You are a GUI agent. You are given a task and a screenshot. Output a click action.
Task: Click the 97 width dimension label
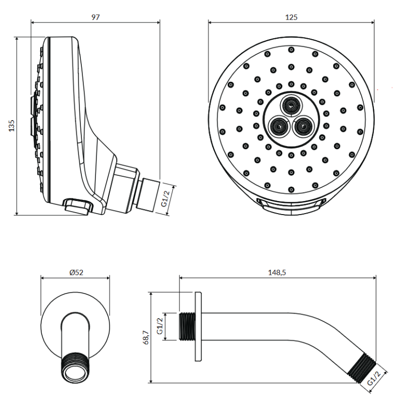click(95, 17)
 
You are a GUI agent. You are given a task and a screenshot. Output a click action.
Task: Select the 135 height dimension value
click(12, 126)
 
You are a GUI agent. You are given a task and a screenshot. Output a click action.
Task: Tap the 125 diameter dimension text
click(291, 17)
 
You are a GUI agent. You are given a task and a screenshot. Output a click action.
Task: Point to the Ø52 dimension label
click(76, 272)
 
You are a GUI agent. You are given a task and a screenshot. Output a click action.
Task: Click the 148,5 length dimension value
click(277, 272)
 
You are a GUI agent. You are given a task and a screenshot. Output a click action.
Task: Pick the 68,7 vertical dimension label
click(146, 337)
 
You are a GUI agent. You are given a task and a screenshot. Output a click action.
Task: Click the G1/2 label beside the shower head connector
click(165, 198)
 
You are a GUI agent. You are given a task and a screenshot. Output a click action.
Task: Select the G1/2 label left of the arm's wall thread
click(160, 326)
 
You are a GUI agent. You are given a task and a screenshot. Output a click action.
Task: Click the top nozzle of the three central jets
click(291, 105)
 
